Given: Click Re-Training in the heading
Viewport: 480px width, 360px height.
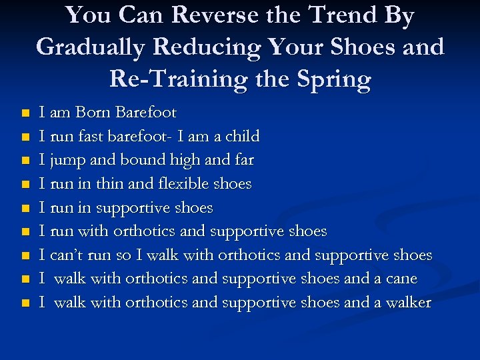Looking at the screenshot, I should [x=174, y=79].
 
